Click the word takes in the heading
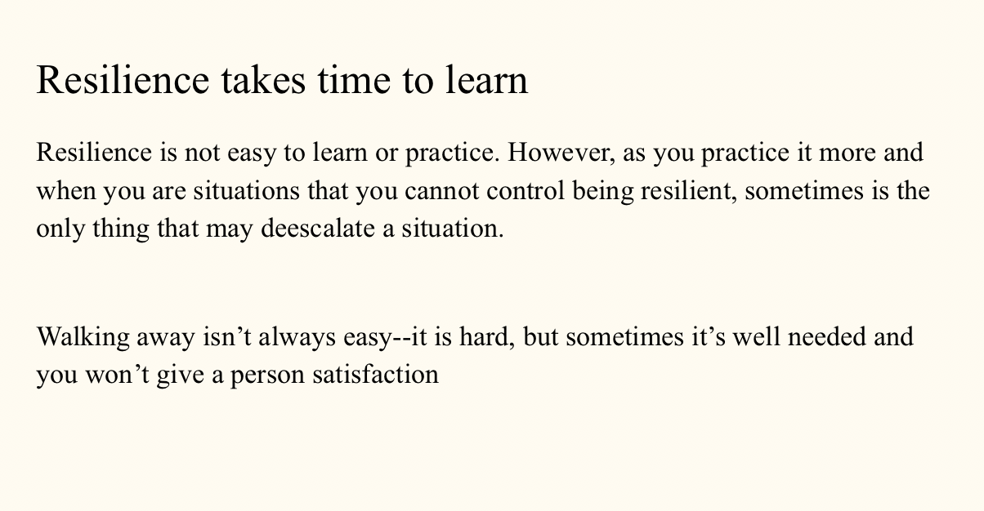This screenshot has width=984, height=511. (262, 80)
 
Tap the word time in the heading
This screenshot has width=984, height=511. (354, 80)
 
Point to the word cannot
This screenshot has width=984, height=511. (441, 191)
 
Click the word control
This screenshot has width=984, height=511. (526, 191)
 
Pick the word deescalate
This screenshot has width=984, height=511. (318, 229)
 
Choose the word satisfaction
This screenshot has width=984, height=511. (376, 375)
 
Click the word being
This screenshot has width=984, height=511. (602, 192)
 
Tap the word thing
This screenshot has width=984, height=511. (121, 229)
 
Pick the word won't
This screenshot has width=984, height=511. (118, 375)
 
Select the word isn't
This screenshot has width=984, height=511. (226, 337)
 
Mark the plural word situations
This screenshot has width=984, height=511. (247, 191)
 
